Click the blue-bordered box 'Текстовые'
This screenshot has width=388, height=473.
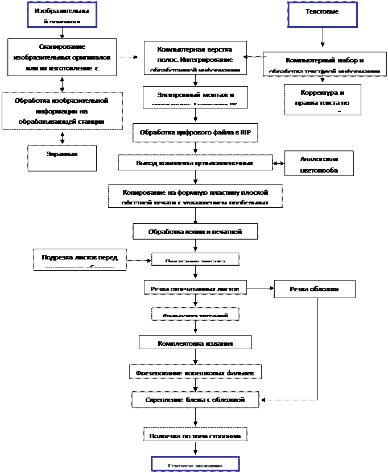pyautogui.click(x=323, y=15)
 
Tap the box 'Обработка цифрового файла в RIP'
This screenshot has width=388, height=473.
pyautogui.click(x=195, y=132)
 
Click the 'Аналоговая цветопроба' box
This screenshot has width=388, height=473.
pyautogui.click(x=319, y=164)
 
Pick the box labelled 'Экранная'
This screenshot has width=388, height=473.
pyautogui.click(x=62, y=157)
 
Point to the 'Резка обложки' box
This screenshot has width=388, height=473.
pyautogui.click(x=314, y=289)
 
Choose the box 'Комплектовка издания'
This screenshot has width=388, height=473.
pyautogui.click(x=195, y=342)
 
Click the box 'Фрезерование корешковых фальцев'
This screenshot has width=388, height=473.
pyautogui.click(x=196, y=372)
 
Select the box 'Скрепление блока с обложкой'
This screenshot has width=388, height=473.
pyautogui.click(x=195, y=400)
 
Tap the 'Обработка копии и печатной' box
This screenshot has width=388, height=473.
pyautogui.click(x=195, y=231)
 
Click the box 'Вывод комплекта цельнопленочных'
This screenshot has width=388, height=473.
pyautogui.click(x=194, y=162)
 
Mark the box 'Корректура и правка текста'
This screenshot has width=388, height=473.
pyautogui.click(x=322, y=99)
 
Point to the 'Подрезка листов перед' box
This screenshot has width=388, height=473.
pyautogui.click(x=80, y=259)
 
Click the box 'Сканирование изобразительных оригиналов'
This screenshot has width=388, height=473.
pyautogui.click(x=62, y=57)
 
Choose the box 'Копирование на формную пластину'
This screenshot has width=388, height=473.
pyautogui.click(x=195, y=195)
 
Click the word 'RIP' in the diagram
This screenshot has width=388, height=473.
pyautogui.click(x=245, y=132)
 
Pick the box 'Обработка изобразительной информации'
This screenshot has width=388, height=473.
pyautogui.click(x=62, y=110)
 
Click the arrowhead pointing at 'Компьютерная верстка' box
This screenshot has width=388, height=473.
pyautogui.click(x=245, y=57)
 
